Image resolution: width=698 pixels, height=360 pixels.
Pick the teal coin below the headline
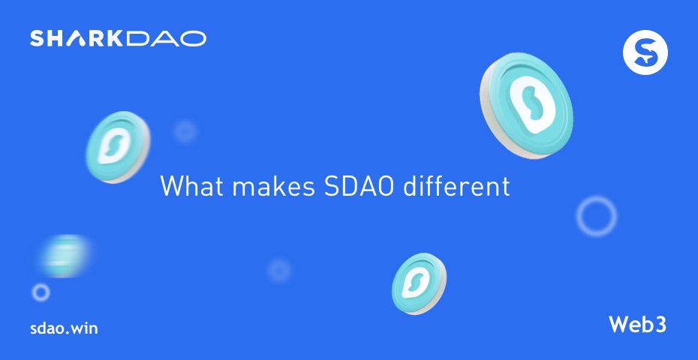pyautogui.click(x=419, y=283)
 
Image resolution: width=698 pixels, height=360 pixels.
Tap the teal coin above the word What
pyautogui.click(x=117, y=147)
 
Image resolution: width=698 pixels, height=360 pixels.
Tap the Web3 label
pyautogui.click(x=637, y=325)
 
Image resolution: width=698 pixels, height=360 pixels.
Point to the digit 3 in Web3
pyautogui.click(x=660, y=325)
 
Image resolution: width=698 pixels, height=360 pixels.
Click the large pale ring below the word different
pyautogui.click(x=597, y=216)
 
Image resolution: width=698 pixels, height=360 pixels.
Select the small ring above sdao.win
pyautogui.click(x=41, y=292)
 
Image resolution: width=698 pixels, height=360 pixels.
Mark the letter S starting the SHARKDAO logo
pyautogui.click(x=38, y=38)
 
